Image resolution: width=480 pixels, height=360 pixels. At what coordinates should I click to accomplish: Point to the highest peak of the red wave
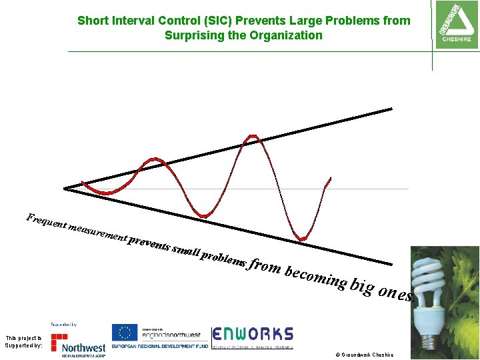pos(252,137)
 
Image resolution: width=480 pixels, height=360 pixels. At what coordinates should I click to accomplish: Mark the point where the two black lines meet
pos(65,189)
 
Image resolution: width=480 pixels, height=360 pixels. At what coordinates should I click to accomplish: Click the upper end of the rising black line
pos(391,109)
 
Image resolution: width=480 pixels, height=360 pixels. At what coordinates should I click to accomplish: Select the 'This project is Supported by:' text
pos(23,342)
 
